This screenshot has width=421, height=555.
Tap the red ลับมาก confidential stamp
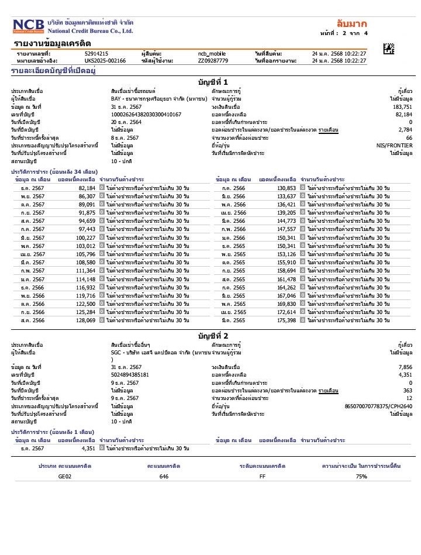click(x=351, y=24)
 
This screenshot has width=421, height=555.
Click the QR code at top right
click(x=389, y=49)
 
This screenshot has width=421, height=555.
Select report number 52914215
click(x=96, y=53)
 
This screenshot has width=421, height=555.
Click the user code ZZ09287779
click(x=213, y=60)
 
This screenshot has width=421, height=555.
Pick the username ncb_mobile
click(x=212, y=53)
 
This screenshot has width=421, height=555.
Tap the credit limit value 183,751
click(x=402, y=107)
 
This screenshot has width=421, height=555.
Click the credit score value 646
click(x=164, y=477)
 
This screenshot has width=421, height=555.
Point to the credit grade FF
click(x=263, y=477)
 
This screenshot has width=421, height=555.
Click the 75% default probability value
click(x=361, y=477)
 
